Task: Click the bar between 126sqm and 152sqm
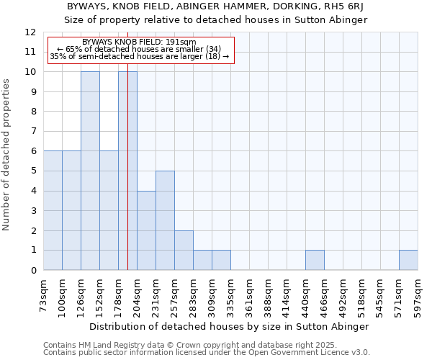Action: tap(90, 171)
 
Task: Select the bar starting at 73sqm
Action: tap(53, 210)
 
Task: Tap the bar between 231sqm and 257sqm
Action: tap(165, 220)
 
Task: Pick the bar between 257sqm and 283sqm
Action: tap(184, 250)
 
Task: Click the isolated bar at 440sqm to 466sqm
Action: tap(315, 260)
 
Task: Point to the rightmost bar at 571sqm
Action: tap(408, 260)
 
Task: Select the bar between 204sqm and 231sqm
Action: tap(146, 230)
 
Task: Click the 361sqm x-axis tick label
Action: tap(250, 295)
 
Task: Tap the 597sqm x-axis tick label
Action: tap(418, 295)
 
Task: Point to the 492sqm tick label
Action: tap(343, 295)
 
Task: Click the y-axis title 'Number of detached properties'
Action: tap(7, 155)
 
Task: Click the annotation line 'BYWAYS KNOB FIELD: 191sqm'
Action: tap(139, 42)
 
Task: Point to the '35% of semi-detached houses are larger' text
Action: tap(140, 56)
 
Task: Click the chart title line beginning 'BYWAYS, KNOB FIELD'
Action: tap(216, 6)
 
